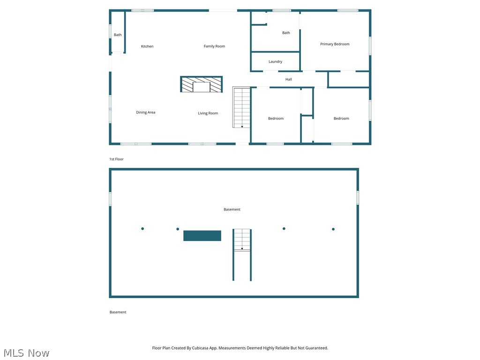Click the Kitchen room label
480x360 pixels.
[147, 46]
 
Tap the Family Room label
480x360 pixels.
[214, 46]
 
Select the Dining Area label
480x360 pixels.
[145, 112]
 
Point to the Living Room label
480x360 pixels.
[208, 113]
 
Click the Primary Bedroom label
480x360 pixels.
[335, 44]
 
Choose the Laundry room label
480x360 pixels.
[275, 62]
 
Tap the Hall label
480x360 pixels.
[289, 80]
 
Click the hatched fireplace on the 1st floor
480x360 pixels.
[202, 84]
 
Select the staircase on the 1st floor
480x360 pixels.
[242, 107]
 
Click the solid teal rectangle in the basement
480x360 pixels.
[202, 236]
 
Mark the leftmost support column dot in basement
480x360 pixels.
[142, 229]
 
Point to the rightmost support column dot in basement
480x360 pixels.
[333, 229]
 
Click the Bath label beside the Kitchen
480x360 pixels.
[118, 35]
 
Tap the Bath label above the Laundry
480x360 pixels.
[286, 33]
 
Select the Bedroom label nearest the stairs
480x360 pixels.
[276, 119]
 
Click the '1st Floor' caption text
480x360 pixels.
[116, 159]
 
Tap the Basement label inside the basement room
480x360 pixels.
[232, 210]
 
